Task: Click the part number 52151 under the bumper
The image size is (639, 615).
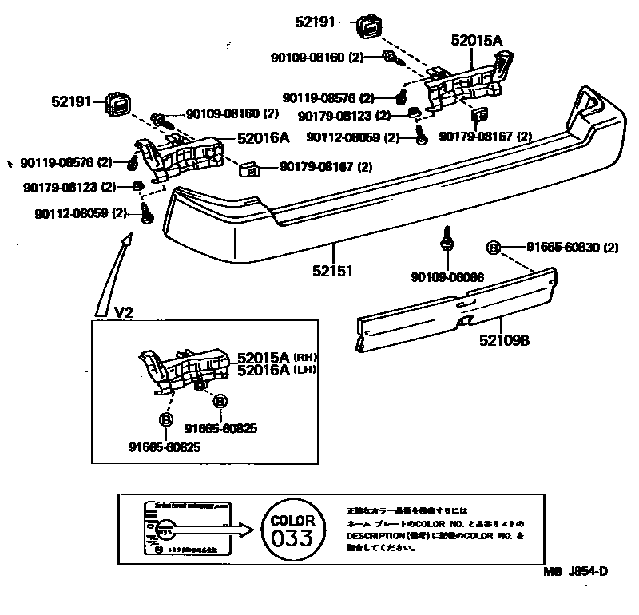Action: coord(332,270)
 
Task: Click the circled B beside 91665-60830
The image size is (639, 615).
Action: coord(493,248)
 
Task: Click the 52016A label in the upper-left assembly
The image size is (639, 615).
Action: coord(263,137)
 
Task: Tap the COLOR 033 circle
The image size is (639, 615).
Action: coord(292,530)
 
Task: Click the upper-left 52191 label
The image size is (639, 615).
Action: coord(73,101)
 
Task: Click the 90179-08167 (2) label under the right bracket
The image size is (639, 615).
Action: coord(485,137)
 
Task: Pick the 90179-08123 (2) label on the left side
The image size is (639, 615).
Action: coord(70,187)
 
